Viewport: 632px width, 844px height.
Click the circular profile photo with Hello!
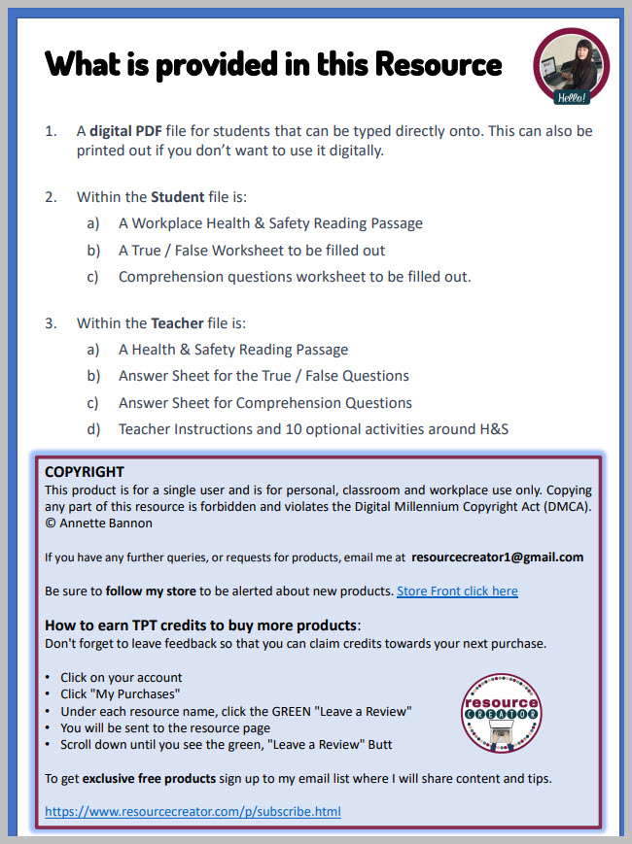[x=571, y=66]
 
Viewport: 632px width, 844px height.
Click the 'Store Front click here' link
[x=457, y=591]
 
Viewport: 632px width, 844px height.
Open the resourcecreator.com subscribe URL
[x=193, y=811]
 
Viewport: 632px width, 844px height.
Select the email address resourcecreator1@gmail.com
[x=497, y=557]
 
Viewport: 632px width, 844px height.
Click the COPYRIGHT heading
[x=85, y=472]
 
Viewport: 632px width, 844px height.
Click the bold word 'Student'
[x=178, y=196]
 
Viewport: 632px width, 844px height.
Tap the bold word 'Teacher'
[x=177, y=322]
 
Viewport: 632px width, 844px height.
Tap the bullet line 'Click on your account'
[x=121, y=677]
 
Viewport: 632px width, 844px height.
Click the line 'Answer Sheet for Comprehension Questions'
[x=264, y=402]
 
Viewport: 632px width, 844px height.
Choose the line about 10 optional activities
[x=313, y=428]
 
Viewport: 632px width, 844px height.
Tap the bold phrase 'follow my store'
[x=151, y=591]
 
